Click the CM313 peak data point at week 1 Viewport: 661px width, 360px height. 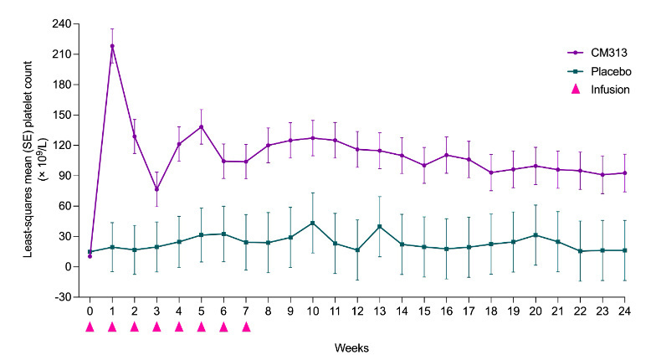point(112,46)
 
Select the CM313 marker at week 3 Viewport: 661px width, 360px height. point(156,189)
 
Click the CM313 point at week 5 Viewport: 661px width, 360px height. point(201,126)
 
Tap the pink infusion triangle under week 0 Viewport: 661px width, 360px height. point(90,327)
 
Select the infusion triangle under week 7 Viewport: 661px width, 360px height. point(246,327)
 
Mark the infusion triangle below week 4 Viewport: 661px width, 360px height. point(179,327)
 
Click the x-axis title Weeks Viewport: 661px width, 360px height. point(357,345)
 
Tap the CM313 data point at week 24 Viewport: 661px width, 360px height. point(625,172)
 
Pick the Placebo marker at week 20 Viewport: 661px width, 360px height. point(535,235)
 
